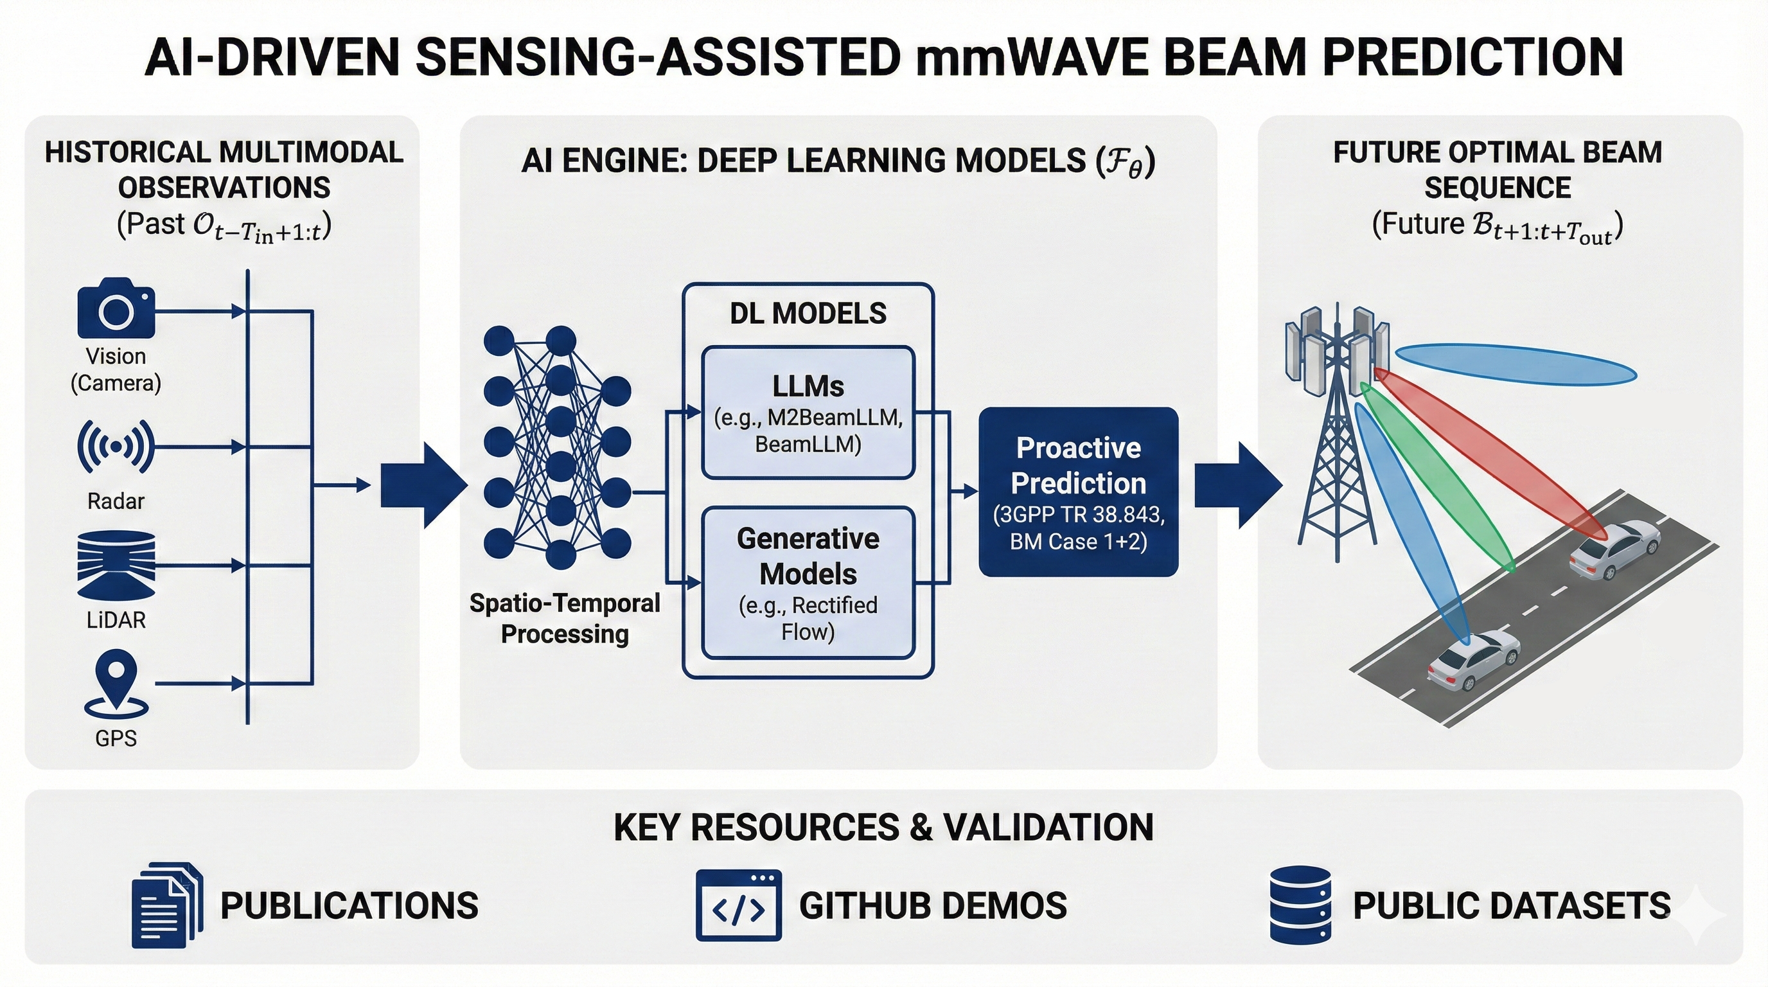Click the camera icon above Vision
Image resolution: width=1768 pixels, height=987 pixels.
coord(116,308)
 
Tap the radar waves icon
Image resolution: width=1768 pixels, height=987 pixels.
coord(116,447)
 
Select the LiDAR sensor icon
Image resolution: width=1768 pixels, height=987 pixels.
coord(116,564)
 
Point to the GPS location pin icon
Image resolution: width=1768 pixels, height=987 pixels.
coord(116,684)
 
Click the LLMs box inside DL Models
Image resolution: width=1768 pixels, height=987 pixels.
coord(808,413)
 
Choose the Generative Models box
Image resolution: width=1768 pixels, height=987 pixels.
coord(808,583)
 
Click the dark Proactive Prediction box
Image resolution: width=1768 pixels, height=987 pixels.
coord(1077,492)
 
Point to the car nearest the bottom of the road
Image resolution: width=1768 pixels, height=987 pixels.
coord(1473,661)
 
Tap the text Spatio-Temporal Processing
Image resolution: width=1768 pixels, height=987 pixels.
coord(564,618)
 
